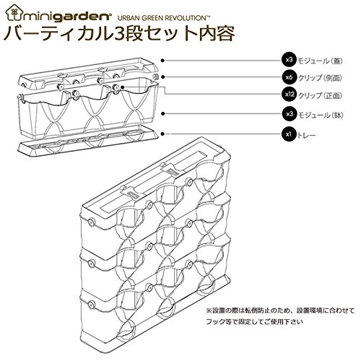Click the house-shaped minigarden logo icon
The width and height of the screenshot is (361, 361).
click(14, 12)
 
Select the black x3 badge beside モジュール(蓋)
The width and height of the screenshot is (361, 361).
click(289, 59)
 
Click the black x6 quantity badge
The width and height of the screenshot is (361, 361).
click(289, 77)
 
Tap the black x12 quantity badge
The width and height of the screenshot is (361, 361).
click(289, 95)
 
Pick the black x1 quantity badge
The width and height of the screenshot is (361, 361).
click(289, 134)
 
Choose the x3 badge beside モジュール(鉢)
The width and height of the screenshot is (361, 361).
click(289, 114)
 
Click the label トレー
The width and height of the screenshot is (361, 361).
click(307, 135)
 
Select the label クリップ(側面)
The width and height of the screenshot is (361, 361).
click(320, 78)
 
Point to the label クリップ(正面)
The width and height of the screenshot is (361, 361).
click(320, 95)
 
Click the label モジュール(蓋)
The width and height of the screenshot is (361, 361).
click(320, 61)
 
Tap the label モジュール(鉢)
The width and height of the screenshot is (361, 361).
click(321, 115)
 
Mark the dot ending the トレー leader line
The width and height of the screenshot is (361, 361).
click(163, 134)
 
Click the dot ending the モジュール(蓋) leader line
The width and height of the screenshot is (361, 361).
click(163, 61)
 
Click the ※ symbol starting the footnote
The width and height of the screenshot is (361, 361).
click(209, 310)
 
